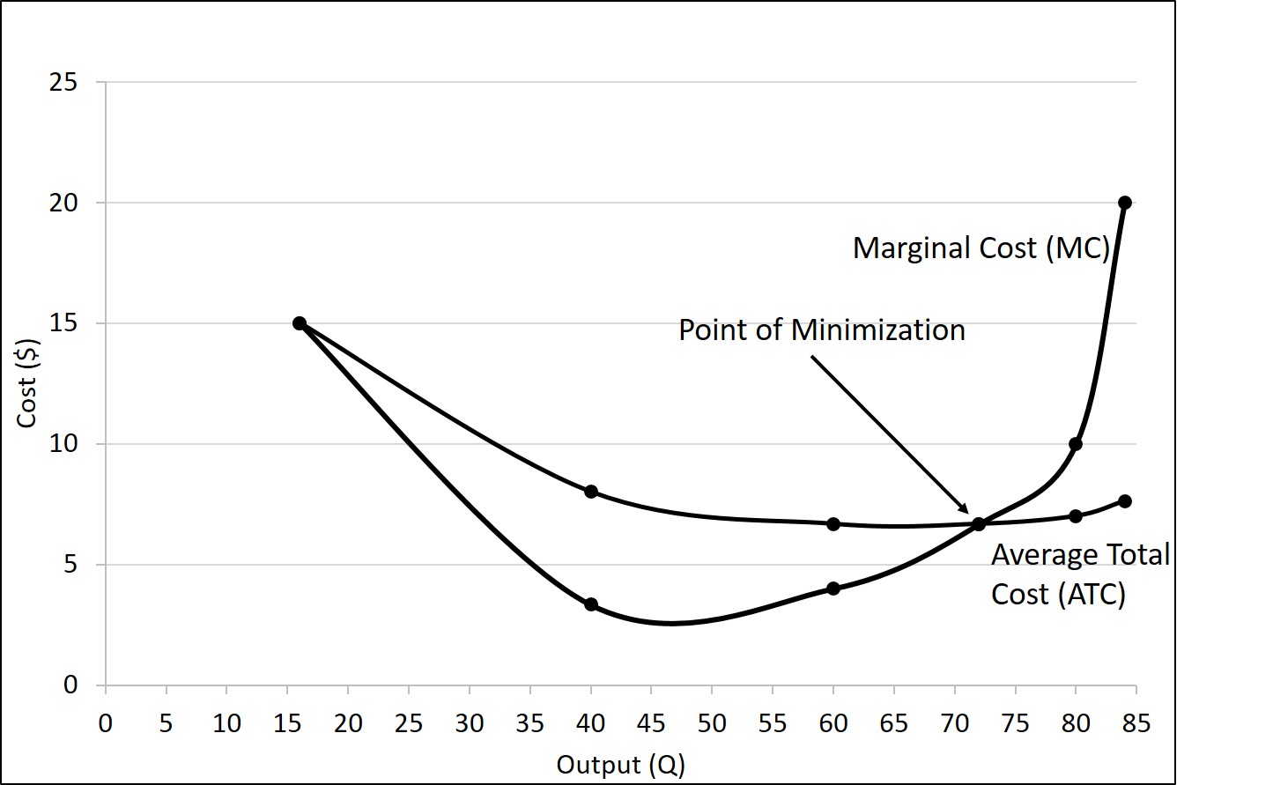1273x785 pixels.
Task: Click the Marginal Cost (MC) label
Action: (981, 248)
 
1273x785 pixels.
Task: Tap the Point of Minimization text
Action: (821, 330)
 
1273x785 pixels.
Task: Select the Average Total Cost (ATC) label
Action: (1079, 574)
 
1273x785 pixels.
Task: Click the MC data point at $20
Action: (1124, 203)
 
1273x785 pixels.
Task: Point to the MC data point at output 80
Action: (1075, 444)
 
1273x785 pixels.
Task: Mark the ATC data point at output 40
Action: (591, 492)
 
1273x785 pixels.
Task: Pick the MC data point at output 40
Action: (591, 604)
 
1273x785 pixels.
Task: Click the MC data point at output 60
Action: (833, 589)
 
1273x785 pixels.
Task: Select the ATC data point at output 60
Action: (833, 524)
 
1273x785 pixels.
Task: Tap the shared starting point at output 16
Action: (300, 323)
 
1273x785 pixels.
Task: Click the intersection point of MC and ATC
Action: (979, 524)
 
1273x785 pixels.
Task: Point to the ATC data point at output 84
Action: (1124, 501)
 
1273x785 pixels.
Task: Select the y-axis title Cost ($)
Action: (27, 383)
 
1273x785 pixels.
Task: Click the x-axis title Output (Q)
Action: (620, 764)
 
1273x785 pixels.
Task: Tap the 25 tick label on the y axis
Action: (63, 83)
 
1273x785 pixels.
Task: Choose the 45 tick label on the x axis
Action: (651, 724)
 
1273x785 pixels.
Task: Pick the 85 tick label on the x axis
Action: (1136, 724)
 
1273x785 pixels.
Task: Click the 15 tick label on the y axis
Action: (63, 323)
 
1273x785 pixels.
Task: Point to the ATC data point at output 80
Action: (1075, 516)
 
